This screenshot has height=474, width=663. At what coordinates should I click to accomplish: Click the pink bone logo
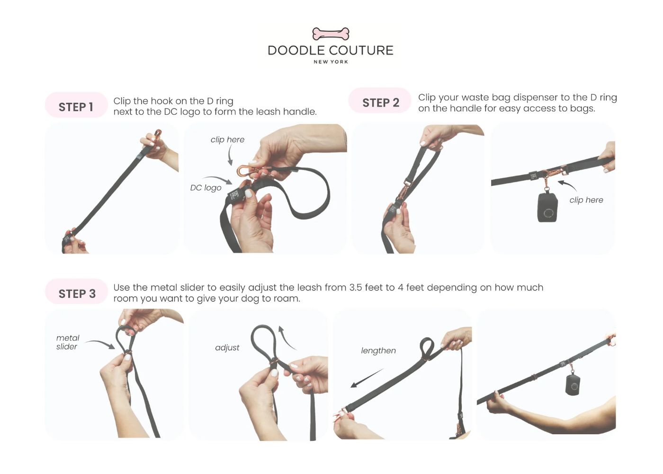point(331,34)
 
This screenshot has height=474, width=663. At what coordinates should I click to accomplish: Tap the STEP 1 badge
point(76,105)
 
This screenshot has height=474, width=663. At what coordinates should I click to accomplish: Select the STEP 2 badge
point(380,100)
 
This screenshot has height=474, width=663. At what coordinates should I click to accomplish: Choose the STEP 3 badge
point(76,292)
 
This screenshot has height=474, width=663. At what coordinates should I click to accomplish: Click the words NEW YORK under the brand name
point(331,62)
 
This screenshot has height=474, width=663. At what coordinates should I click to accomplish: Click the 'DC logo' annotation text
point(206,188)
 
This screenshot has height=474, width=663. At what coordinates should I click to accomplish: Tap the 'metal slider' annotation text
point(68,342)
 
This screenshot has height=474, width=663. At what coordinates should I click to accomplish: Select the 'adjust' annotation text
point(227,348)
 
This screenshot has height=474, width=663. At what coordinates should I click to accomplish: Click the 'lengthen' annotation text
point(378,351)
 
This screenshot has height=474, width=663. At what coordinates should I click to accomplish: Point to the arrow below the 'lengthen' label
point(367,378)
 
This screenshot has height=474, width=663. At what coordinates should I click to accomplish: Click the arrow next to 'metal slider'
point(100,344)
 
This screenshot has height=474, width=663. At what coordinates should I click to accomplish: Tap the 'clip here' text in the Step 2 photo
point(586,200)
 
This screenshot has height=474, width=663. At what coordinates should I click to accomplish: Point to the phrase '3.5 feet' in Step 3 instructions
point(366,287)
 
